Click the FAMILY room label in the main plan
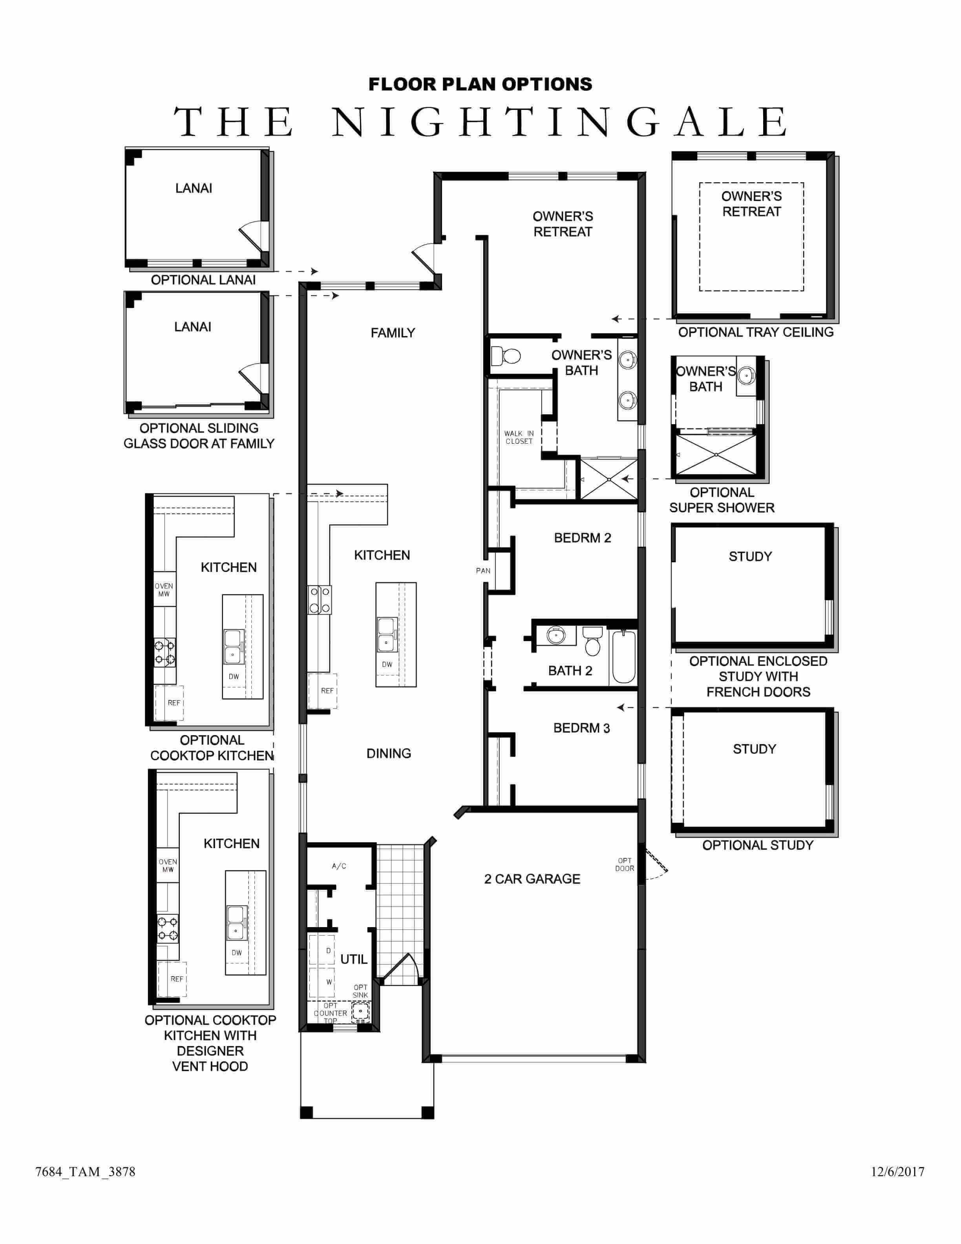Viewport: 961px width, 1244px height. [x=393, y=333]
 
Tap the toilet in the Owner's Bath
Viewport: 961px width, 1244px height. [x=506, y=356]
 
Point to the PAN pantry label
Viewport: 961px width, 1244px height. [x=483, y=570]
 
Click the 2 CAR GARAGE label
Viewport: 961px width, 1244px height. [x=532, y=879]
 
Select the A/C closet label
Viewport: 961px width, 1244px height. [x=339, y=866]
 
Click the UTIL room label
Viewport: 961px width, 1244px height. [x=354, y=959]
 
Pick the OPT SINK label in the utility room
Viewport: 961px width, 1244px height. [x=360, y=991]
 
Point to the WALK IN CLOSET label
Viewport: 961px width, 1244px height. [x=519, y=437]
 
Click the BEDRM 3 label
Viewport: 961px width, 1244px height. [x=581, y=728]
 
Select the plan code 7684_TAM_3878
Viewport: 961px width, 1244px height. [x=86, y=1172]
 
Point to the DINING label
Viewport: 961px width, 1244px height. [x=389, y=753]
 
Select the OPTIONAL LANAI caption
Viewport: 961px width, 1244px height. [x=203, y=280]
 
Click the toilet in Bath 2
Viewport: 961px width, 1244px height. [x=593, y=641]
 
